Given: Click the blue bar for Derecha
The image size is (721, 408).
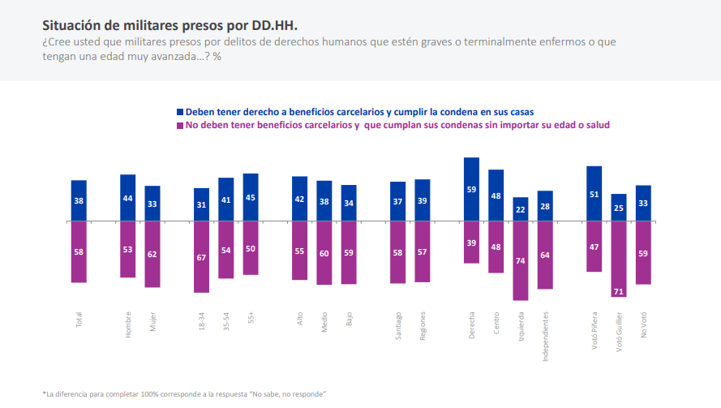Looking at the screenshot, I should (x=471, y=189).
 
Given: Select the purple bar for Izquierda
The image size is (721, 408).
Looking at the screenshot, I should (x=521, y=260).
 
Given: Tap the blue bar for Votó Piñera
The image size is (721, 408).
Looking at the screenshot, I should (x=594, y=193).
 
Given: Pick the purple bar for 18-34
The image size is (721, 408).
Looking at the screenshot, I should (x=201, y=256).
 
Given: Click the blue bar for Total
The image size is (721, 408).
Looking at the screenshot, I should (x=79, y=200).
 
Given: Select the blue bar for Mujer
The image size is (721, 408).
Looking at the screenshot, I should (x=152, y=203).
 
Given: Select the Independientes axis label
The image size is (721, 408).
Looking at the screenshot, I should (x=545, y=334).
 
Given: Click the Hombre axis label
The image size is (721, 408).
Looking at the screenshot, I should (x=128, y=324).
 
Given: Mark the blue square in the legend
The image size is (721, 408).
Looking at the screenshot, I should (x=180, y=111).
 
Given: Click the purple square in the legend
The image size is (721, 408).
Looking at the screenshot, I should (x=180, y=126).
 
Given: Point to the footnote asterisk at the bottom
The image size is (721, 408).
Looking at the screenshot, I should (x=44, y=393).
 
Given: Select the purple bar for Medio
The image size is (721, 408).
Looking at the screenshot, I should (x=324, y=252).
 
